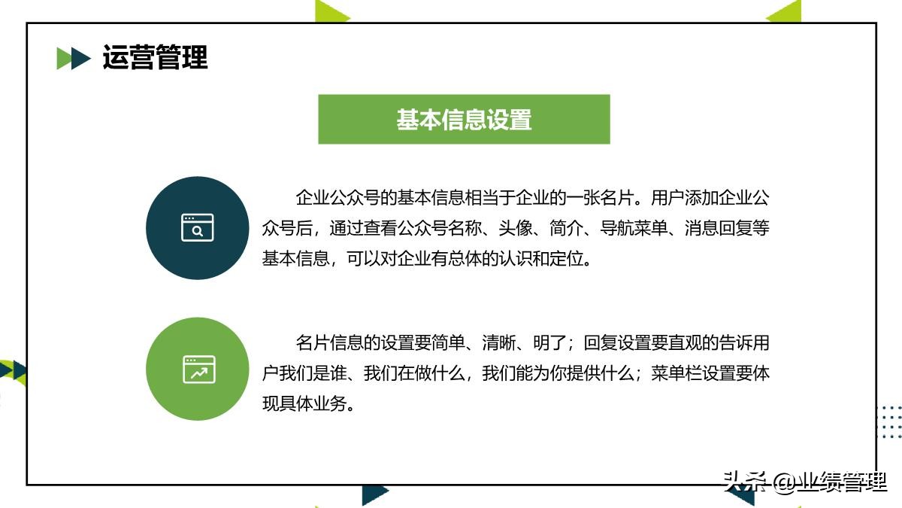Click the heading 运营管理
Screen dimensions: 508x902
[x=155, y=58]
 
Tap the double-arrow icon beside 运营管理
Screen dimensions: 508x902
[x=74, y=58]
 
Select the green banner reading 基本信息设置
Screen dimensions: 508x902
[x=464, y=119]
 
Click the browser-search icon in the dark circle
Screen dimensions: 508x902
[x=197, y=227]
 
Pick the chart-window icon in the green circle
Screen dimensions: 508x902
[x=198, y=370]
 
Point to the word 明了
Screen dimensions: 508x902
[x=552, y=343]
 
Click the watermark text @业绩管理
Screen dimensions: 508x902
[x=830, y=482]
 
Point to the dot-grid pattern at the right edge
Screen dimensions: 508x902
[x=890, y=421]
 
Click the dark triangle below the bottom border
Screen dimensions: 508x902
[x=374, y=494]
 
